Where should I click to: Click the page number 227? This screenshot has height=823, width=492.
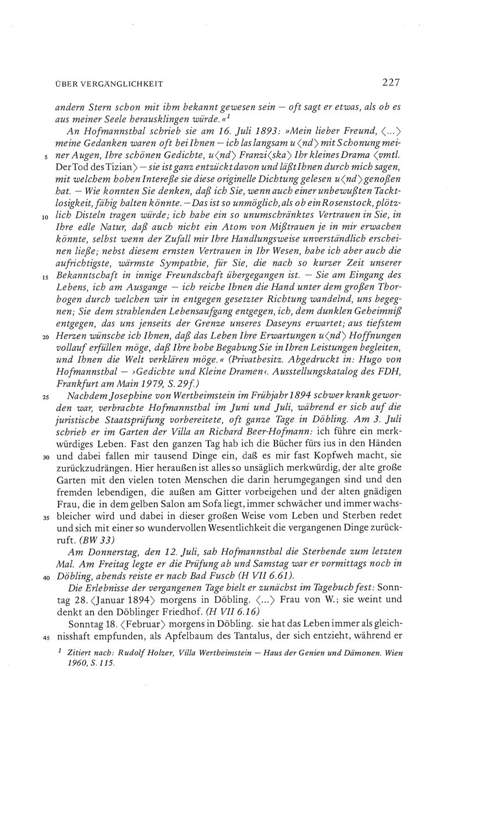pos(391,83)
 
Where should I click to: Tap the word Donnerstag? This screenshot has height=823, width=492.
pos(115,551)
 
